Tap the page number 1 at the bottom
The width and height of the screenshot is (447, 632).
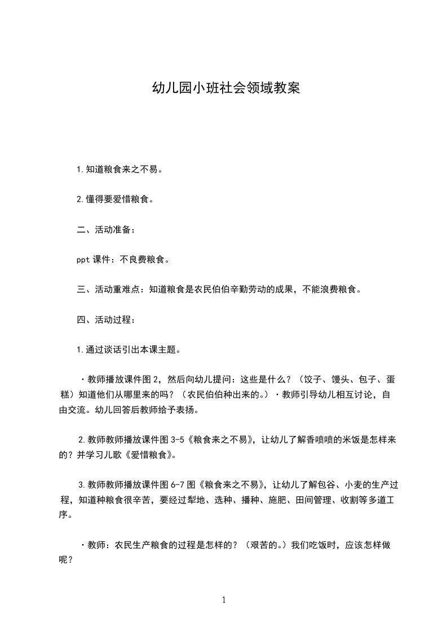224,600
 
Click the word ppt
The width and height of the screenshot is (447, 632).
83,260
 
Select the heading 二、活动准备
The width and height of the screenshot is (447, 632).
105,229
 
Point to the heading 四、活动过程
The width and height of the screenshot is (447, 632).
105,320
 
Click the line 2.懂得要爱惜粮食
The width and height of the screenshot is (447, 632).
116,199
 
